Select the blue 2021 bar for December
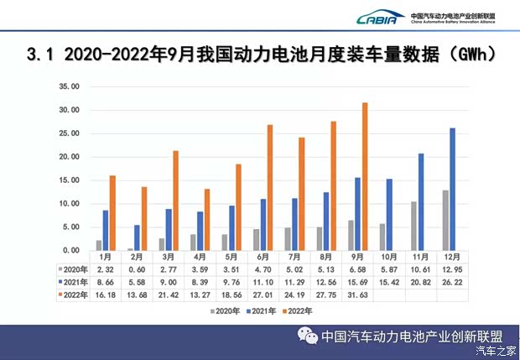tap(429, 189)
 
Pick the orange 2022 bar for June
tap(269, 187)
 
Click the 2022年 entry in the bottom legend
tap(299, 310)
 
